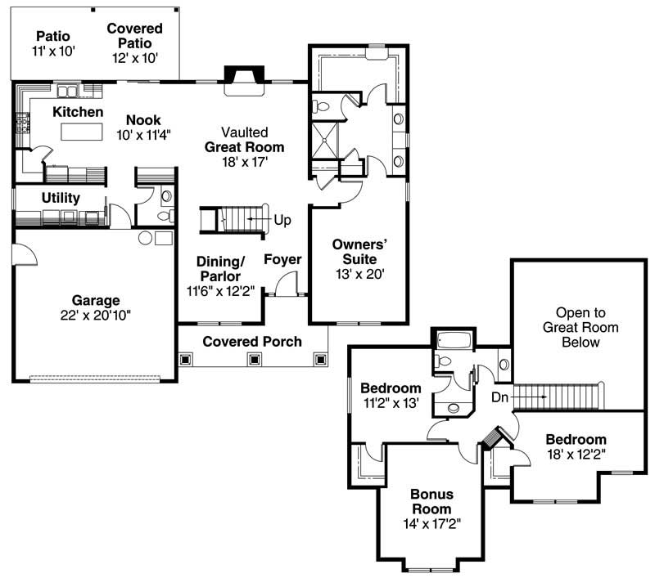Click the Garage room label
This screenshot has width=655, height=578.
pyautogui.click(x=95, y=300)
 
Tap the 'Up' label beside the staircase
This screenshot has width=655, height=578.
pyautogui.click(x=282, y=221)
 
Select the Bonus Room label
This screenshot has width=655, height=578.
pyautogui.click(x=431, y=502)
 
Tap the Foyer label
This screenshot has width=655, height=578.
pyautogui.click(x=282, y=260)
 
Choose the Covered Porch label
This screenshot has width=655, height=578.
pyautogui.click(x=252, y=341)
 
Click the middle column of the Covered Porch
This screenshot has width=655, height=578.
pyautogui.click(x=254, y=358)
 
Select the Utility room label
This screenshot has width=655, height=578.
pyautogui.click(x=60, y=198)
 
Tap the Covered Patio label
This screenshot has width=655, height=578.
pyautogui.click(x=135, y=36)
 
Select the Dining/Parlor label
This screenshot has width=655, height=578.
pyautogui.click(x=220, y=268)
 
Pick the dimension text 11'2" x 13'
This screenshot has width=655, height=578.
pyautogui.click(x=391, y=402)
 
